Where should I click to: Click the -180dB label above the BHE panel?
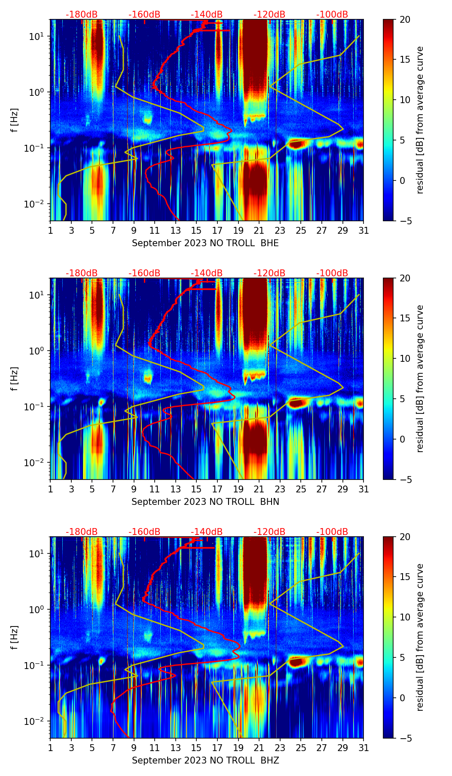point(82,15)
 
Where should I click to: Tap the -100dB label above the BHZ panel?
point(332,532)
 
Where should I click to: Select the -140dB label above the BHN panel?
point(207,273)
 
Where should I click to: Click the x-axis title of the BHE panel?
point(205,243)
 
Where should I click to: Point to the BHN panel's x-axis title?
point(205,502)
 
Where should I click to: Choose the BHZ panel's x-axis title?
point(205,761)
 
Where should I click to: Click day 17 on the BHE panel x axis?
point(217,230)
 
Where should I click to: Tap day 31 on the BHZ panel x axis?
point(363,748)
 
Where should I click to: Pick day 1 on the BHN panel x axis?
point(50,489)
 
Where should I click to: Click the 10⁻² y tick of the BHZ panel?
point(36,721)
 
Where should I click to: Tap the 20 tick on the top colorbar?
point(405,19)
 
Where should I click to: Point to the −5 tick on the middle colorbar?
point(405,480)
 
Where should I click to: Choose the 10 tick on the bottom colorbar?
point(405,617)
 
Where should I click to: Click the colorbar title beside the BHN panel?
point(420,379)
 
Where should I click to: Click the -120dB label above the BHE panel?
point(269,15)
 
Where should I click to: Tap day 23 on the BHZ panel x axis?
point(280,748)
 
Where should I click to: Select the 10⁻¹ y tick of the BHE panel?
point(36,148)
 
